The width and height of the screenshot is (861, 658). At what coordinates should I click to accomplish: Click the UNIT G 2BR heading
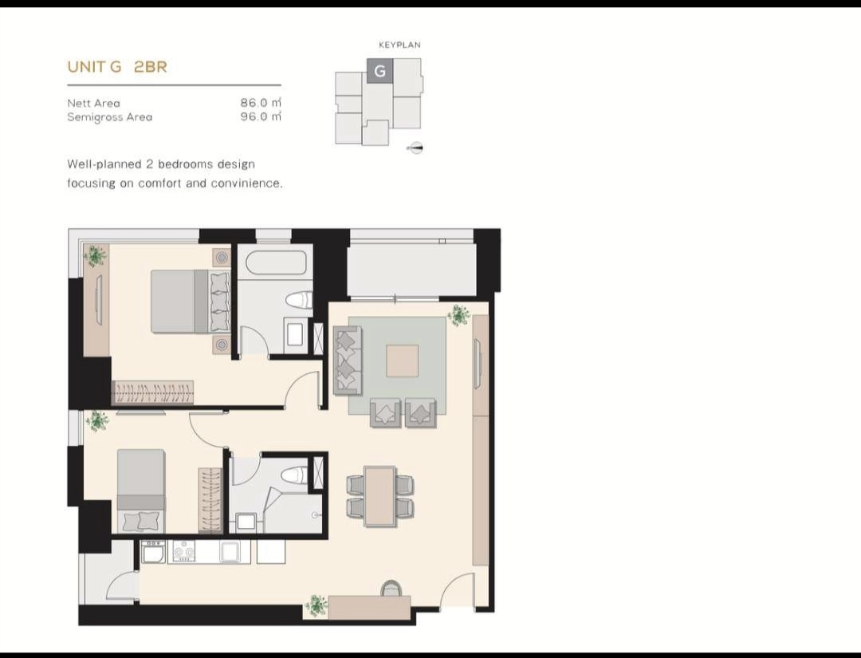(x=117, y=67)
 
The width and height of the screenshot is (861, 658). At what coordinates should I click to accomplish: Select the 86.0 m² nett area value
(x=261, y=103)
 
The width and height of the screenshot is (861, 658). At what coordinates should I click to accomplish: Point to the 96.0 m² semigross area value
(x=261, y=116)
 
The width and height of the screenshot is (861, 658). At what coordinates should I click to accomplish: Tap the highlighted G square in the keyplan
(x=379, y=71)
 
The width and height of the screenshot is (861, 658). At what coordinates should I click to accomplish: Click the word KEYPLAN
(x=399, y=45)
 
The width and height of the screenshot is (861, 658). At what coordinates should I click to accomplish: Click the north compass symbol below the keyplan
(x=415, y=148)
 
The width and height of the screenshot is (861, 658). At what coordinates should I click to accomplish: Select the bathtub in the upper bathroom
(x=276, y=262)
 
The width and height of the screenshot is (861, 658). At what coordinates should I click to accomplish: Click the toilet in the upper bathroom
(x=299, y=300)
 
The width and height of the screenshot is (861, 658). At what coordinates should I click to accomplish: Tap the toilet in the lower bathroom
(x=295, y=475)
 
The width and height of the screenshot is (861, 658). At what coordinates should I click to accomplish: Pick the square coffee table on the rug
(x=402, y=361)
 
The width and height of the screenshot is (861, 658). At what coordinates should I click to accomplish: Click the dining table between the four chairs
(x=379, y=496)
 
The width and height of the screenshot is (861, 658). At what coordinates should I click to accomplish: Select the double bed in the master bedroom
(x=186, y=301)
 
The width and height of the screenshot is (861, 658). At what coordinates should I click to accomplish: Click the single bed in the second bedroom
(x=141, y=491)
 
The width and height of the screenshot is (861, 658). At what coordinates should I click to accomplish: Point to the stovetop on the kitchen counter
(x=183, y=550)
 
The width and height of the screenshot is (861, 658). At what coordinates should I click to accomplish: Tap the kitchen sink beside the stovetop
(x=231, y=551)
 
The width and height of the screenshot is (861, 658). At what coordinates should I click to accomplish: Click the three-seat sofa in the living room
(x=347, y=360)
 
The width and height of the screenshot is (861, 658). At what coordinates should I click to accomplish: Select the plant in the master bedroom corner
(x=95, y=256)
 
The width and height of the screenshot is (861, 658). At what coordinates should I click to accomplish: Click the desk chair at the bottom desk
(x=391, y=588)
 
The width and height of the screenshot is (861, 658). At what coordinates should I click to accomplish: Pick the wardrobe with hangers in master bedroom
(x=152, y=392)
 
